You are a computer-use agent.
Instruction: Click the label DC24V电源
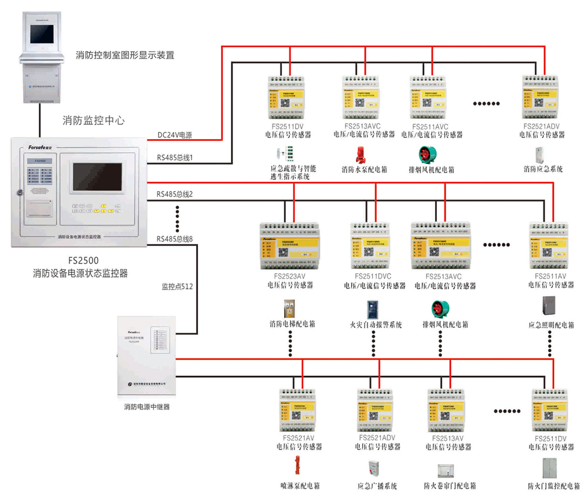click(x=175, y=136)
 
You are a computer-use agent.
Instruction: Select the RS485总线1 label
click(x=175, y=157)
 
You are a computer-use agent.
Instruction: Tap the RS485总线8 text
click(x=175, y=238)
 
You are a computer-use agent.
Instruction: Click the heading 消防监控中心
click(x=93, y=121)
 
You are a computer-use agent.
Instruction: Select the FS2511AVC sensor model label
click(x=431, y=126)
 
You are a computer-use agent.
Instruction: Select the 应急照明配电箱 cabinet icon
click(x=549, y=306)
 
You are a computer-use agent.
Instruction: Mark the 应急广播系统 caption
click(x=377, y=486)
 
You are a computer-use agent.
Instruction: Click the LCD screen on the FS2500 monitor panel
click(x=97, y=177)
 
